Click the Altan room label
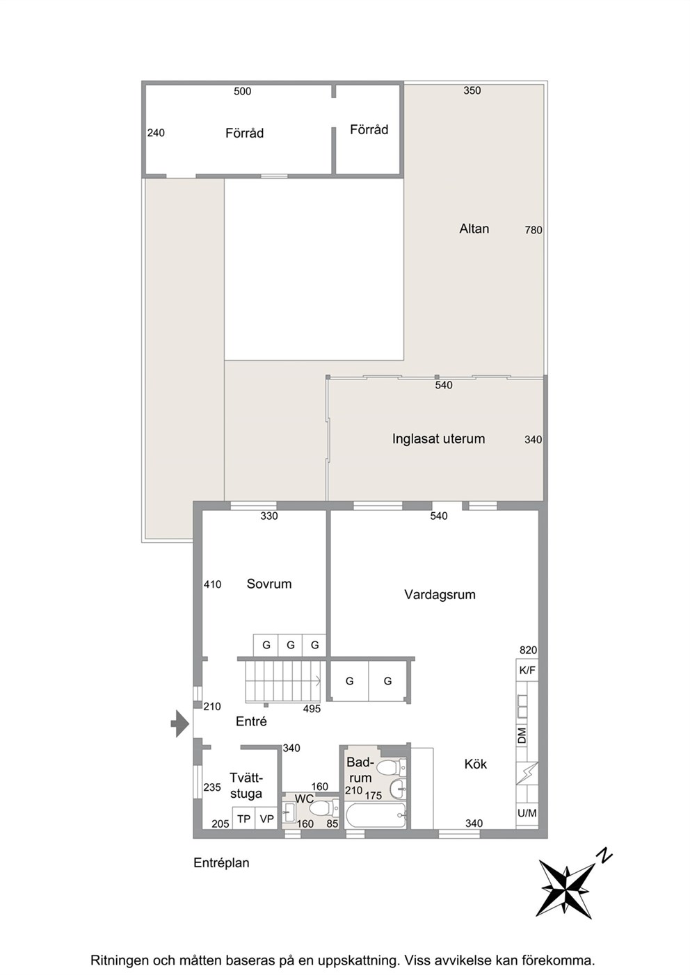click(474, 229)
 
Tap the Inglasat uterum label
click(438, 439)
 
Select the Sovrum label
click(268, 584)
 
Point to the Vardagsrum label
click(440, 595)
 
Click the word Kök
click(475, 764)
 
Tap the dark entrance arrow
click(179, 724)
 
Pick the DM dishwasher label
click(522, 735)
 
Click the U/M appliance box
click(527, 812)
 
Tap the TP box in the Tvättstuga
click(243, 819)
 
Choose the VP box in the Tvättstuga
click(266, 819)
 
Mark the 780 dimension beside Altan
click(533, 230)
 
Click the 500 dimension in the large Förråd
click(242, 91)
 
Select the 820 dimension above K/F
click(528, 650)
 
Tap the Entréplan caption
click(221, 863)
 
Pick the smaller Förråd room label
click(369, 129)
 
